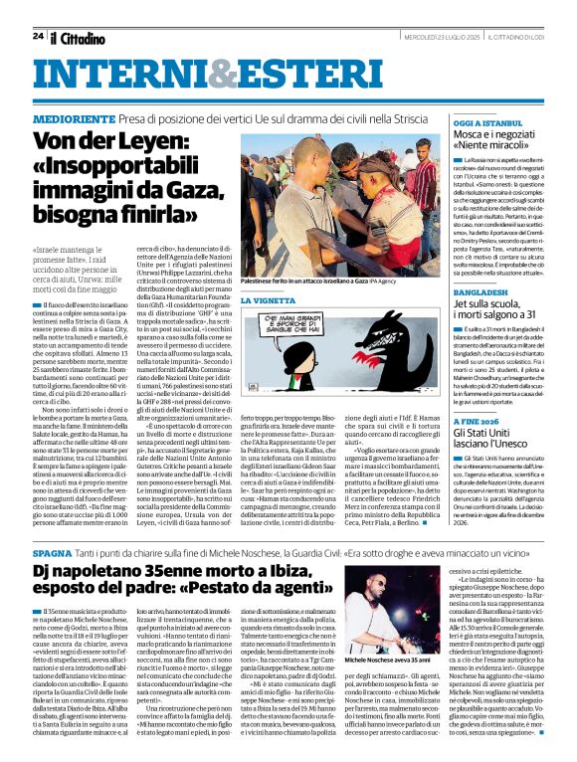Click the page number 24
pos(38,36)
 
